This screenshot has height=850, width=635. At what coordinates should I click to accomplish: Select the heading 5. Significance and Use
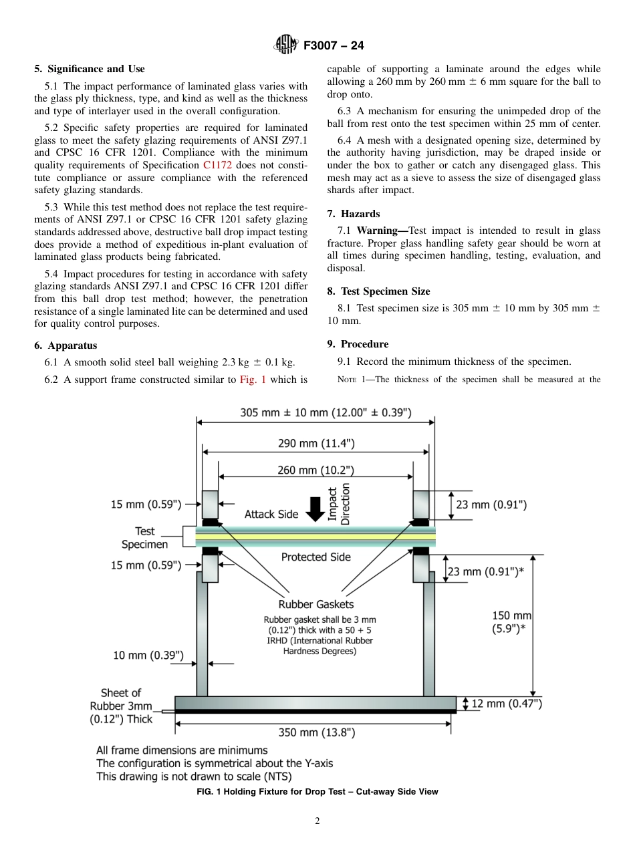pyautogui.click(x=90, y=69)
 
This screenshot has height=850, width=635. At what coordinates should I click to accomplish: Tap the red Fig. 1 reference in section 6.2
pyautogui.click(x=253, y=380)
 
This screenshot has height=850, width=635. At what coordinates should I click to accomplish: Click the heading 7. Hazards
pyautogui.click(x=354, y=214)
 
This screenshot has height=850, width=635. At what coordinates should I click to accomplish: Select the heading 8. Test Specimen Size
pyautogui.click(x=378, y=291)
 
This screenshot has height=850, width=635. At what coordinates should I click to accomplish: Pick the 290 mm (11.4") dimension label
pyautogui.click(x=316, y=442)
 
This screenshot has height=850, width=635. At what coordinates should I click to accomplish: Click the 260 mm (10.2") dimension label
pyautogui.click(x=316, y=470)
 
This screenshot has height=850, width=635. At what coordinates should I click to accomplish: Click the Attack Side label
pyautogui.click(x=271, y=514)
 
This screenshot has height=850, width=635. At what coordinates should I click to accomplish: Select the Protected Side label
pyautogui.click(x=315, y=557)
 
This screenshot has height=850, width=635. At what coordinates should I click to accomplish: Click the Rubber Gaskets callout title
pyautogui.click(x=316, y=604)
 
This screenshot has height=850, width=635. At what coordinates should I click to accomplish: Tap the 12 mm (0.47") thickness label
pyautogui.click(x=507, y=703)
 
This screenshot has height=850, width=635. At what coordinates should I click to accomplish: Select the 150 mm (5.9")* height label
pyautogui.click(x=512, y=621)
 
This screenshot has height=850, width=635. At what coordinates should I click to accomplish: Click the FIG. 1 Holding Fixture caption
pyautogui.click(x=317, y=792)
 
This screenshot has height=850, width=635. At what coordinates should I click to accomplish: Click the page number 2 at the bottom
pyautogui.click(x=317, y=822)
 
